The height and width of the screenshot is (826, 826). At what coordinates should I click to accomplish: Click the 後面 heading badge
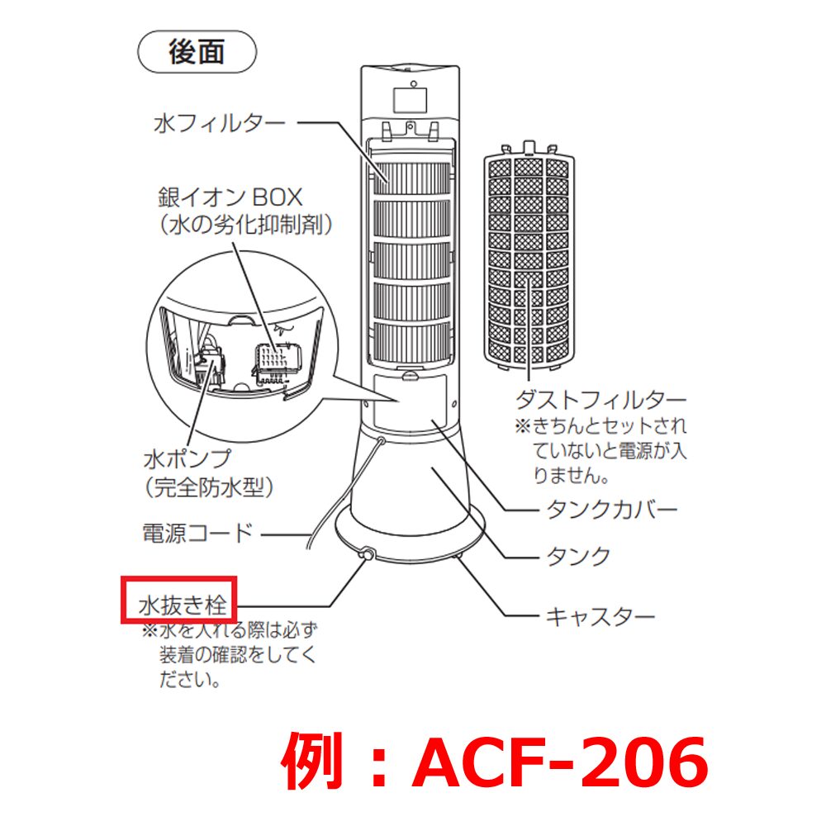tap(197, 51)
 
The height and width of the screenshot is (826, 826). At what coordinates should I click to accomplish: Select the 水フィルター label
tap(220, 124)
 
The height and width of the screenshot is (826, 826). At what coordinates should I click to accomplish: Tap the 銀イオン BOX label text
tap(230, 197)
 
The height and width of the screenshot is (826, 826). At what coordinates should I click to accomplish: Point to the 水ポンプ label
tap(187, 458)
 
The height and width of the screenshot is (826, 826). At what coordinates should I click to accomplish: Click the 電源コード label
tap(198, 533)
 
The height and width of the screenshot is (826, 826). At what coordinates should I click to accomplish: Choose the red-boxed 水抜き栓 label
tap(183, 605)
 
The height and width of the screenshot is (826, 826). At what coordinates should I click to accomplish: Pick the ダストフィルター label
tap(601, 400)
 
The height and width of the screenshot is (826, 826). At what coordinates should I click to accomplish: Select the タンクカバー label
tap(611, 510)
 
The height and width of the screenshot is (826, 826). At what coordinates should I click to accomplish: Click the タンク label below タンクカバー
tap(578, 556)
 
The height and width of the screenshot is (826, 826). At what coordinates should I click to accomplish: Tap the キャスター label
tap(600, 616)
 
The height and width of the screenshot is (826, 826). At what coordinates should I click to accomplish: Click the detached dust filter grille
tap(529, 255)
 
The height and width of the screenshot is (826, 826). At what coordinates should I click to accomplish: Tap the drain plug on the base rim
tap(367, 554)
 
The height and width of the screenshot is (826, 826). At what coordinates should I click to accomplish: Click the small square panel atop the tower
tap(411, 100)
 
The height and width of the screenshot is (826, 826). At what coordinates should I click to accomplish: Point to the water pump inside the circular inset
tap(210, 363)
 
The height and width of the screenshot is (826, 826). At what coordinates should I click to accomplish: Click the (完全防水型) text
tap(209, 487)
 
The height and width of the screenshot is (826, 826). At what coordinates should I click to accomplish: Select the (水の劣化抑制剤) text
tap(246, 225)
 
